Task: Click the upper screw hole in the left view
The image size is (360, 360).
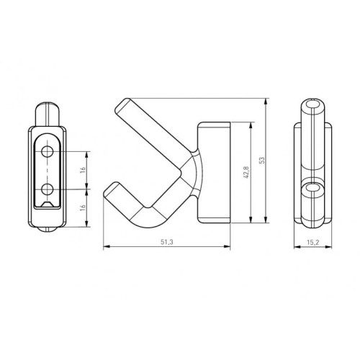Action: click(48, 152)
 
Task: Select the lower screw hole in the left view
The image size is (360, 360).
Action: click(48, 189)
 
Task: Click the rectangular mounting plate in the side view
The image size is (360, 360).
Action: click(215, 172)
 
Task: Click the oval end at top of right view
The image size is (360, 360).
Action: click(313, 107)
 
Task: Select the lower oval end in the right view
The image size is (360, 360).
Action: click(312, 189)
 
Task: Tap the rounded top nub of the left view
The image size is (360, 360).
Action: click(48, 112)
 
